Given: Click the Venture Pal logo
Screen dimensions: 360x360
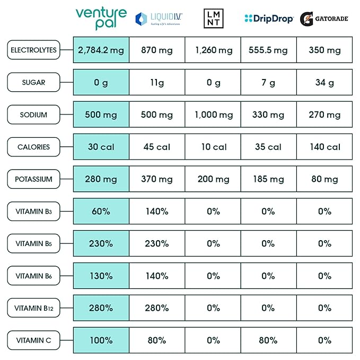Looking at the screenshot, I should coord(101,19).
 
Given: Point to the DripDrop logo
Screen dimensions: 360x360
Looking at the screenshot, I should coord(269,19).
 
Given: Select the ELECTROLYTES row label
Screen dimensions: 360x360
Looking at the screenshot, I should coord(33,50).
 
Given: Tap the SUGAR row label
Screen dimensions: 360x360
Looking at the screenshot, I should coord(33,83).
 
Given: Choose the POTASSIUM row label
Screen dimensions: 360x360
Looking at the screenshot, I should coord(33,179).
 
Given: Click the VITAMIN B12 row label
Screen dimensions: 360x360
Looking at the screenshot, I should coord(33,308).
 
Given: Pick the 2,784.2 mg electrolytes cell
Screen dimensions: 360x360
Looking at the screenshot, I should coord(101,50).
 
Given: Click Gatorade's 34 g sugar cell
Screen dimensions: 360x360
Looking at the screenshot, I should coord(324,83).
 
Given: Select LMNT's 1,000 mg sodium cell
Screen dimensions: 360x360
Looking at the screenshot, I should coord(213,115).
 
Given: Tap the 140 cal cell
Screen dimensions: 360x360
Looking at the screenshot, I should coord(324,147).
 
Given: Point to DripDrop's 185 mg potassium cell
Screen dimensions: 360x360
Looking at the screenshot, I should coord(268,179).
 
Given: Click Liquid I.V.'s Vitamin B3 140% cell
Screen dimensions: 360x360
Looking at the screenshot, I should coord(157,212).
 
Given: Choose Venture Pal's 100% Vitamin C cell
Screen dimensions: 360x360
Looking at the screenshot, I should coord(101,340).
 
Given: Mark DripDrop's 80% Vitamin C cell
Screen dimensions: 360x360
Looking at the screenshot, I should coord(268,340).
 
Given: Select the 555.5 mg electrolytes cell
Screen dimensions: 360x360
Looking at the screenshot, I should coord(268,50).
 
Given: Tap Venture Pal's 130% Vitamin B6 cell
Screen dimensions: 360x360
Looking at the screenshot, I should coord(101,276).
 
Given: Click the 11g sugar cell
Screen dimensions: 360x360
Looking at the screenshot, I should coord(157,83).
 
